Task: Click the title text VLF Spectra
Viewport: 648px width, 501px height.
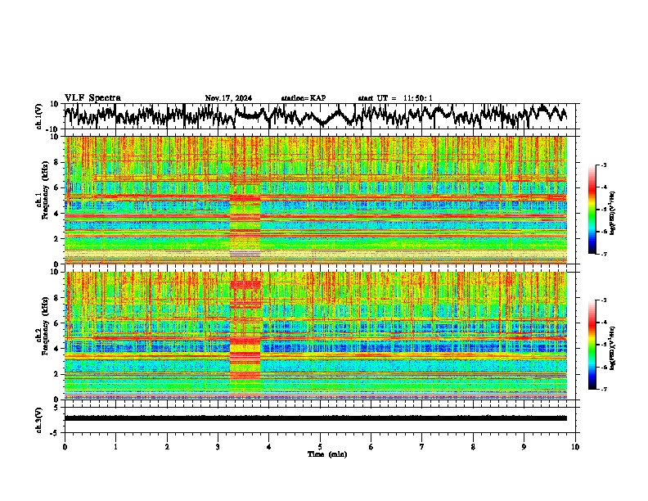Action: (x=92, y=98)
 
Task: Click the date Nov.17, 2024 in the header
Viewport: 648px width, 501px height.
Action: (x=228, y=98)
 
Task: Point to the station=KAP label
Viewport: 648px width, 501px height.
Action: (x=304, y=98)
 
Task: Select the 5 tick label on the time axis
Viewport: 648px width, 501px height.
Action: (x=321, y=447)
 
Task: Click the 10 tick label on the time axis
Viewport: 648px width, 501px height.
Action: (x=576, y=447)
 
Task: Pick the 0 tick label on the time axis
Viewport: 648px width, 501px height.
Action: (x=65, y=447)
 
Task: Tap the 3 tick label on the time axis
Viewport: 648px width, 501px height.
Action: (x=218, y=447)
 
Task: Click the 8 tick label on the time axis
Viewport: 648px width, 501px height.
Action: (x=474, y=447)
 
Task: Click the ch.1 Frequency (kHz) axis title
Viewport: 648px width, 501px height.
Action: (x=40, y=201)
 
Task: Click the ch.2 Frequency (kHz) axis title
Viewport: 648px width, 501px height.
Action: (x=40, y=335)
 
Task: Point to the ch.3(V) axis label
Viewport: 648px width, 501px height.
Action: (x=39, y=418)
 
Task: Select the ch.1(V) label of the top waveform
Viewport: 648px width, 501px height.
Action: (x=39, y=116)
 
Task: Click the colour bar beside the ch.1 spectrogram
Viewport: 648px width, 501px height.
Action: (x=601, y=210)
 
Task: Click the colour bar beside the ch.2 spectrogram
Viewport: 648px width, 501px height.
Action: (x=601, y=345)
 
